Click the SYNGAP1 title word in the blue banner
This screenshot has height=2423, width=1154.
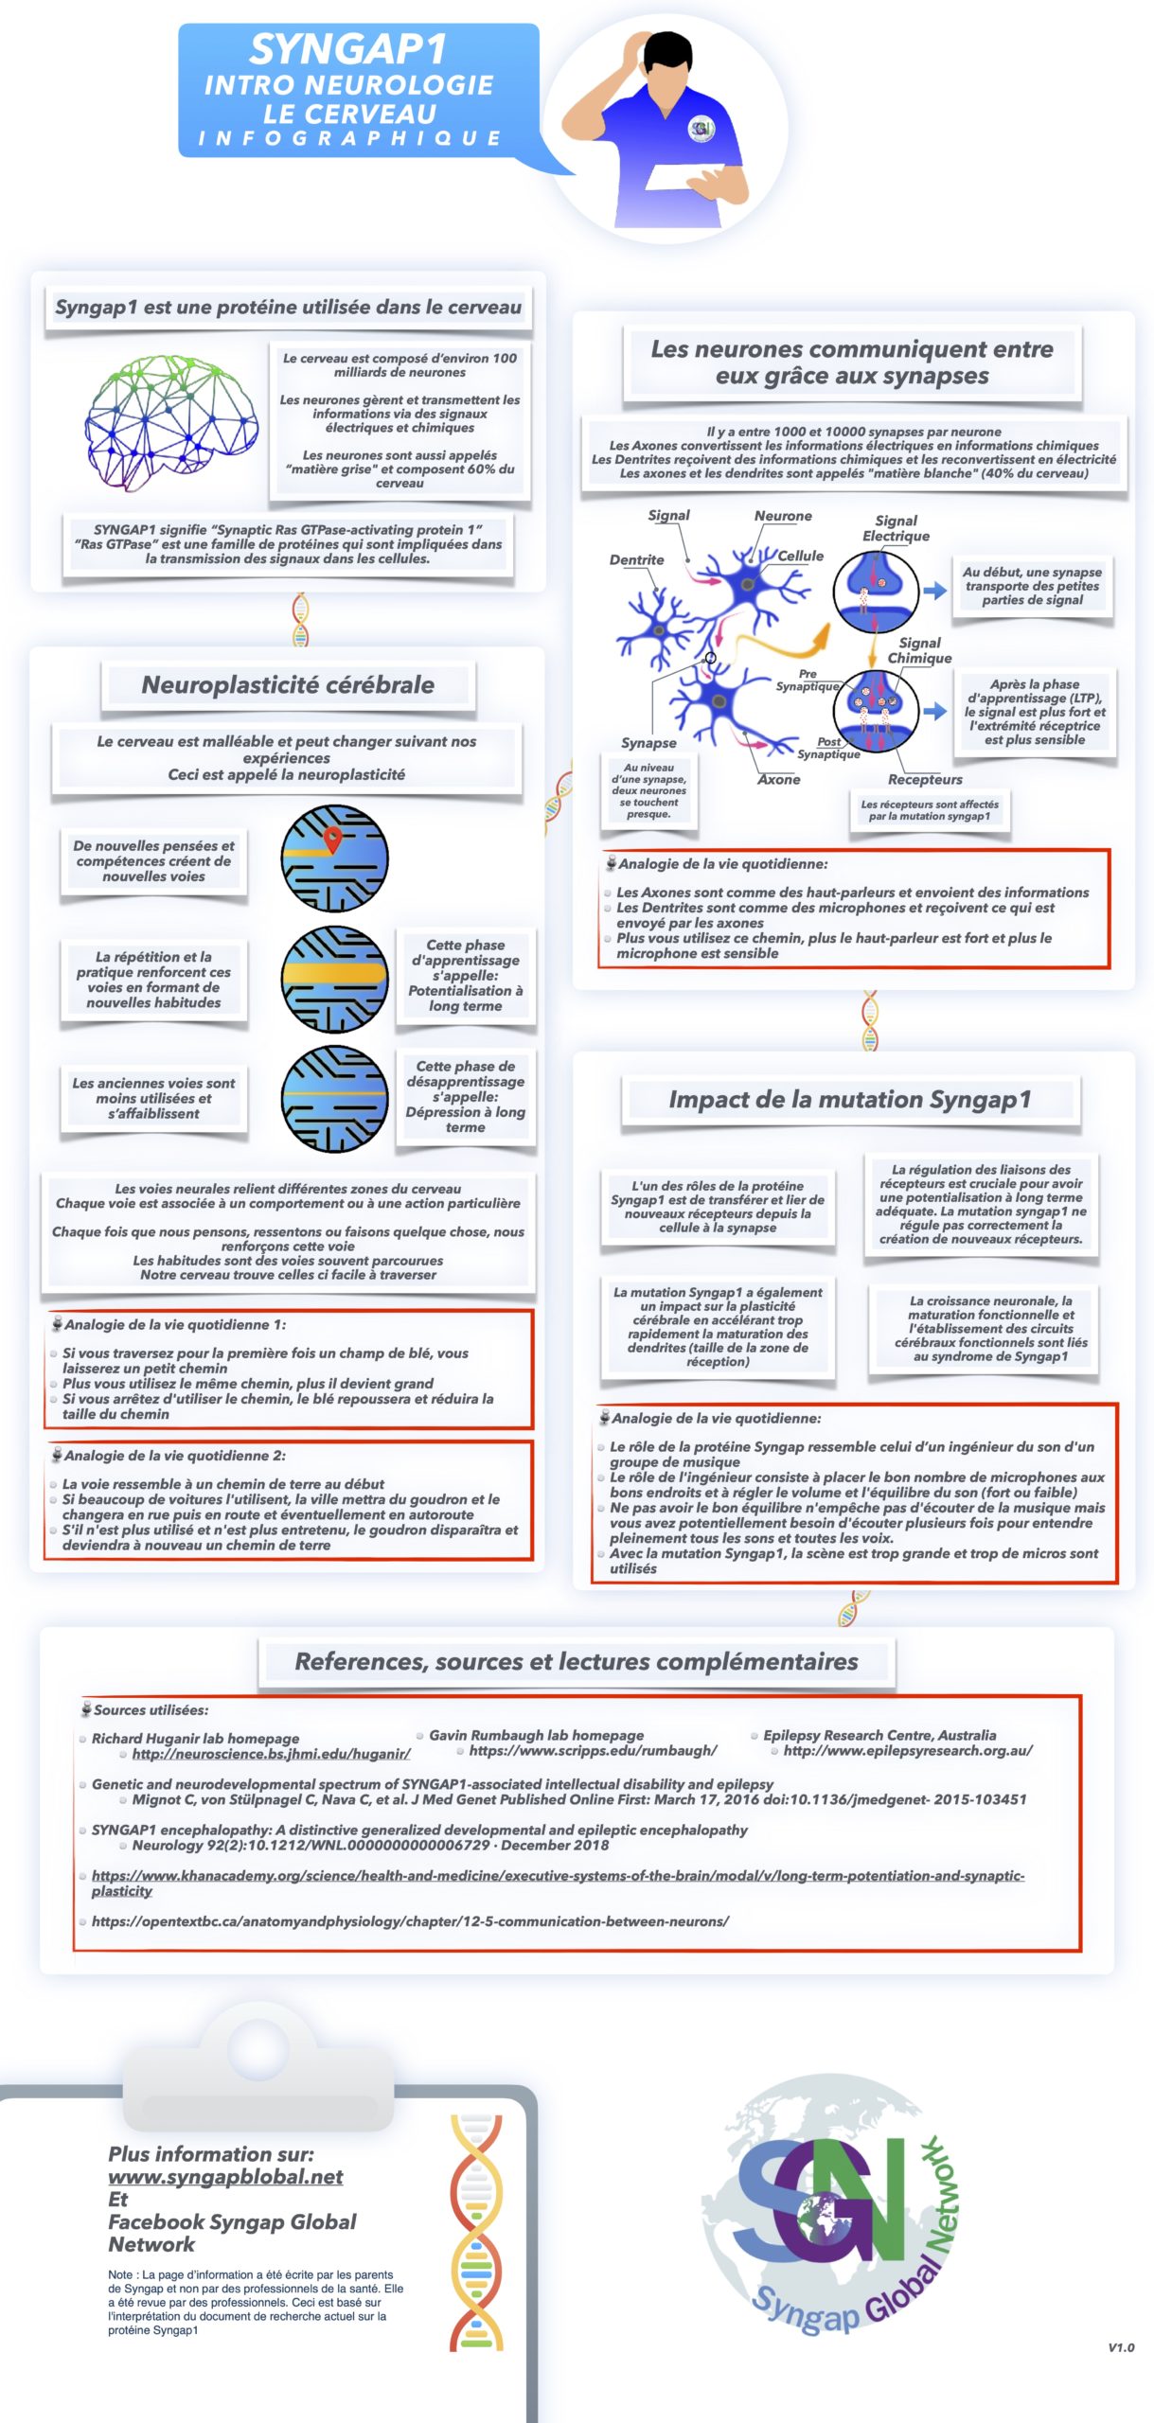tap(347, 48)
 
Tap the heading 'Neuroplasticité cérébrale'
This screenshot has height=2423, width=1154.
tap(288, 684)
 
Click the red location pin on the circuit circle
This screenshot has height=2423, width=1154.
tap(332, 839)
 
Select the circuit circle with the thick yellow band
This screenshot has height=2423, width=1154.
tap(335, 978)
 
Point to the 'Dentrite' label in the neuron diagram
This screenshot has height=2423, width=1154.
tap(636, 559)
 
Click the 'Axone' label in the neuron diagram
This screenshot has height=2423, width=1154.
tap(778, 779)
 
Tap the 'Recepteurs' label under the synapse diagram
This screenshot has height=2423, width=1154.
tap(924, 779)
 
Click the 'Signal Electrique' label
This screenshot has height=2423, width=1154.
tap(895, 528)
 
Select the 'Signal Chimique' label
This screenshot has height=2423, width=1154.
tap(918, 650)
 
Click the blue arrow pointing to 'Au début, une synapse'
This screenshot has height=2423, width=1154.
tap(935, 591)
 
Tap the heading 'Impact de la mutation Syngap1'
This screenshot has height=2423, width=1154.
tap(849, 1099)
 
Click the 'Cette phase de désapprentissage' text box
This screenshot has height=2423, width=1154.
tap(465, 1095)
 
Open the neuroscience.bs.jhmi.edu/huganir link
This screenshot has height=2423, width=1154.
tap(271, 1754)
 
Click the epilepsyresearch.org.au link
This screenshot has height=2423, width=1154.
tap(907, 1750)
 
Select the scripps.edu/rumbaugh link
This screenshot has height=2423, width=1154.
tap(593, 1750)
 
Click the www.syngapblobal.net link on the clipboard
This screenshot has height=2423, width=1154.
tap(225, 2176)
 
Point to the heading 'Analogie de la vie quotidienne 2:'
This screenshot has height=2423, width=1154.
tap(174, 1455)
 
